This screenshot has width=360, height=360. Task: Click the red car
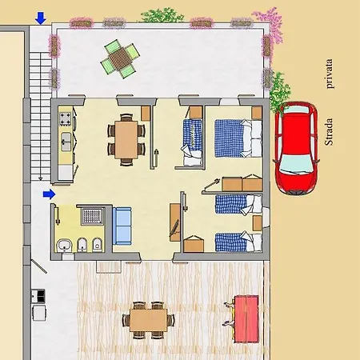click(296, 148)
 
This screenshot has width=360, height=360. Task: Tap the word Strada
click(329, 132)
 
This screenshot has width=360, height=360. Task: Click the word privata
click(329, 74)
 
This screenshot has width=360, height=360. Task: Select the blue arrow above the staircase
click(41, 18)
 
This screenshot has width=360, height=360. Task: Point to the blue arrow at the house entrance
click(49, 194)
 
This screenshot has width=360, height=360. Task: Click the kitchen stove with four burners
click(66, 119)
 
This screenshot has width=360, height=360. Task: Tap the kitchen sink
click(66, 142)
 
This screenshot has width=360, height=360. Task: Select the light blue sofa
click(122, 226)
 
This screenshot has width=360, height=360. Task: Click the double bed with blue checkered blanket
click(238, 138)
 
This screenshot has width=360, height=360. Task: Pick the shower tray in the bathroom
click(92, 216)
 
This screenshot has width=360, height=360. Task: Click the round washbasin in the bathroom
click(64, 246)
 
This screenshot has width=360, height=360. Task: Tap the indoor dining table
click(126, 140)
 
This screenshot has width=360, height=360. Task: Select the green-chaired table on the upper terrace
click(120, 59)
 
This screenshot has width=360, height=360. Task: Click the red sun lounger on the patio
click(246, 318)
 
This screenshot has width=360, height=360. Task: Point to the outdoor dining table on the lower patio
click(148, 320)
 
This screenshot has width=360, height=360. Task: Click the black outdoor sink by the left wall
click(38, 296)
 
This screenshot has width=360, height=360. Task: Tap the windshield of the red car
click(296, 163)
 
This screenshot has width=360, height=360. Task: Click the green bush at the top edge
click(162, 15)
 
